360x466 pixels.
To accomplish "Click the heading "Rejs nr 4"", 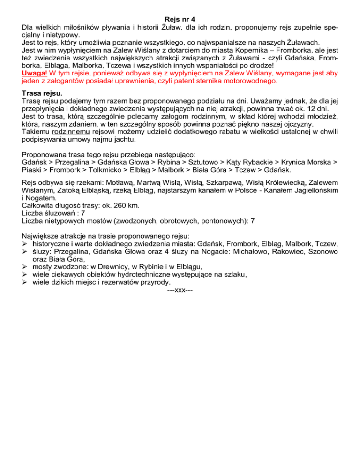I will tap(180, 19).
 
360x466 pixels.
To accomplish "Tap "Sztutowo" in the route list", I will tap(188, 161).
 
